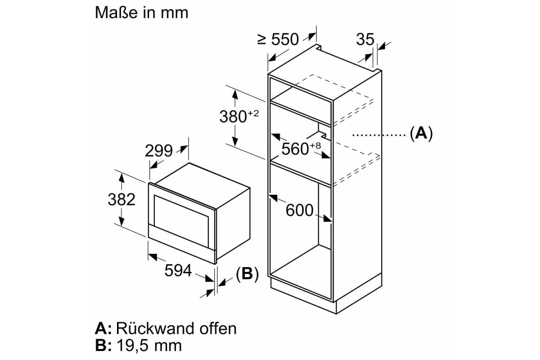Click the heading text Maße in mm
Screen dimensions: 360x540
tap(141, 13)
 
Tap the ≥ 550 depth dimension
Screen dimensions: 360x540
tap(278, 39)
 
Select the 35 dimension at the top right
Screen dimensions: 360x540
tap(365, 40)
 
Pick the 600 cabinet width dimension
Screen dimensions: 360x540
tap(300, 210)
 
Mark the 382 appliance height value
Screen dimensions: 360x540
tap(121, 199)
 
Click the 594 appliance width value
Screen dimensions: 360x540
tap(178, 270)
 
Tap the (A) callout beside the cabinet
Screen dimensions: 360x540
tap(421, 134)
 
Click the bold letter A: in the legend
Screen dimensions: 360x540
tap(103, 328)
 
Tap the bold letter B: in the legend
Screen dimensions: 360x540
tap(103, 346)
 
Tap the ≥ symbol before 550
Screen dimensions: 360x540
tap(262, 40)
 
